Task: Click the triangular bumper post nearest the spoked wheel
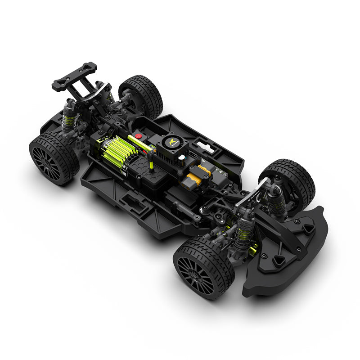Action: [x=279, y=261]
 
